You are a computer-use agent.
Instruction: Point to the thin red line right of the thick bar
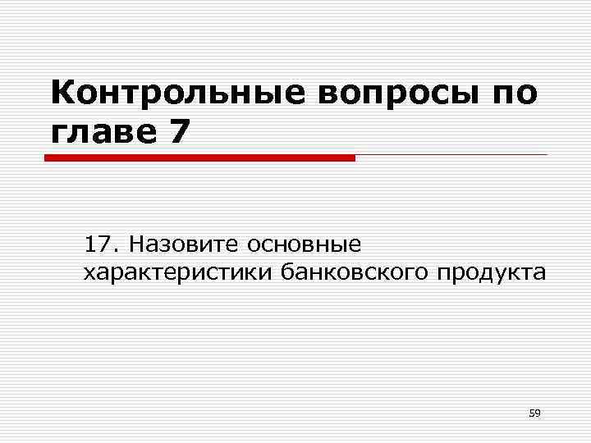click(x=451, y=155)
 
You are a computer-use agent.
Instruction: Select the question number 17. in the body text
click(x=102, y=244)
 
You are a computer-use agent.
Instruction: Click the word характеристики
click(x=178, y=272)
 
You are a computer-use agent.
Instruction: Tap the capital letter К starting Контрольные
click(x=62, y=94)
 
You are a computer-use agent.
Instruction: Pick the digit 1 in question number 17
click(x=91, y=244)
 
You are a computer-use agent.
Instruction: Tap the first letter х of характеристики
click(x=89, y=273)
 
